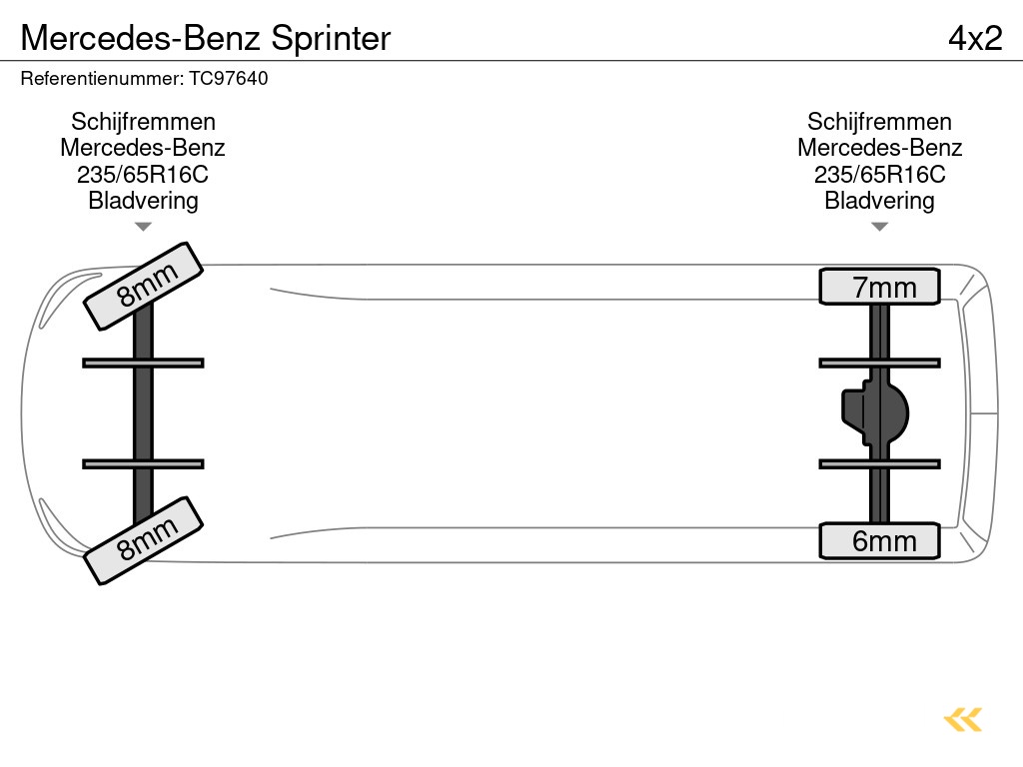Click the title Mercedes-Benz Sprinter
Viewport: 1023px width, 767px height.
[205, 38]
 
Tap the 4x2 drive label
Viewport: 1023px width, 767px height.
[974, 38]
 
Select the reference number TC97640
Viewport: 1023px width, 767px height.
[229, 78]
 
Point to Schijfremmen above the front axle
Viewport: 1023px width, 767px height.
[143, 122]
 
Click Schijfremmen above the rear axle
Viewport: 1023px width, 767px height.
[879, 122]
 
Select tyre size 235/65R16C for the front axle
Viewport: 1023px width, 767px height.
[143, 175]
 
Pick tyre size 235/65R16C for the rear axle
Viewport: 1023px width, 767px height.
[879, 175]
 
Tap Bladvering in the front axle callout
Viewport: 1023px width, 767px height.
[143, 201]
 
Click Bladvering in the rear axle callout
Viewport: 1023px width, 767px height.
[879, 201]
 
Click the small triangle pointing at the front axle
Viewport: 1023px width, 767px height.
[143, 227]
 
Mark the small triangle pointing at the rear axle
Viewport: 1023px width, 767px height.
[879, 227]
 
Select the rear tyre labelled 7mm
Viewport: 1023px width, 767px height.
[879, 287]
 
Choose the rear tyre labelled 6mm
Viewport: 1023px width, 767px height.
[879, 540]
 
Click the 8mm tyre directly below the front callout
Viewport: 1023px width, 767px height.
[143, 285]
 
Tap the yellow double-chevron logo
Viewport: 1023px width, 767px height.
[963, 719]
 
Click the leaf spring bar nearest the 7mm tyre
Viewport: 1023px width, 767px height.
[879, 363]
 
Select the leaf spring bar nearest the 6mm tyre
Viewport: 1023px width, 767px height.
[879, 463]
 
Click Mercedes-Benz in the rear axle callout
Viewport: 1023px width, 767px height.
[879, 148]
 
